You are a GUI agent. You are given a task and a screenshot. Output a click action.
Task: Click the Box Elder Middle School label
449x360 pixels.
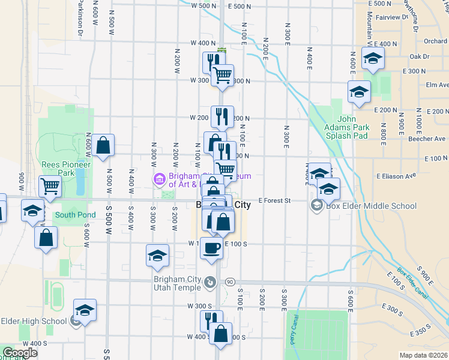[x=370, y=206]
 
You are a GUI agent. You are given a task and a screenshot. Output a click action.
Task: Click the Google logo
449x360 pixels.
[x=20, y=353]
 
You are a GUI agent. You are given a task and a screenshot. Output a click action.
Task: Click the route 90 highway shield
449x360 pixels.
[x=229, y=281]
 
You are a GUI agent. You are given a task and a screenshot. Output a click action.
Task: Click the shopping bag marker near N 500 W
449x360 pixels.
[x=103, y=145]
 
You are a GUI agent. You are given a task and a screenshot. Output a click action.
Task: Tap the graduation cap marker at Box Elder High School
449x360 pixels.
[x=85, y=310]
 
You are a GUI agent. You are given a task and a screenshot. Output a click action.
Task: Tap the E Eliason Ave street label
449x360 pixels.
[x=396, y=176]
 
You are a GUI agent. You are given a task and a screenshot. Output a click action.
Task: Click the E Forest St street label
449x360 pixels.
[x=274, y=201]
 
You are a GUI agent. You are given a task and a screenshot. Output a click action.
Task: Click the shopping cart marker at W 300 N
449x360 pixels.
[x=223, y=75]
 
